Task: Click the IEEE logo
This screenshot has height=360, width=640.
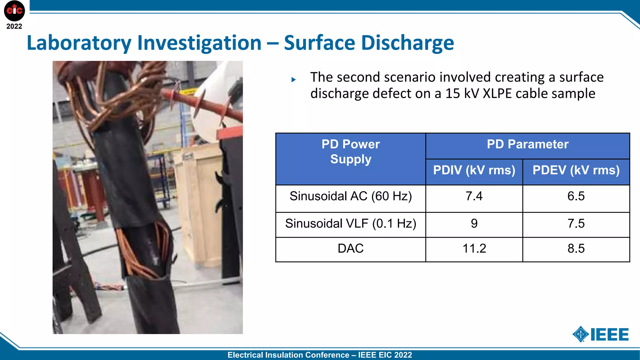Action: point(601,334)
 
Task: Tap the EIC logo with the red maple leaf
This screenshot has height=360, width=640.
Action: point(14,11)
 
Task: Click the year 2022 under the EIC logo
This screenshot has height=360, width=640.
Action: point(14,27)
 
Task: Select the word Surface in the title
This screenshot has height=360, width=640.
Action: point(319,43)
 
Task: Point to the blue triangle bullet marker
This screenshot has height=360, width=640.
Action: point(293,80)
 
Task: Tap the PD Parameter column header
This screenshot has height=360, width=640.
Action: point(527,144)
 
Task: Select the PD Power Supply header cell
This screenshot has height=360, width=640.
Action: point(351,152)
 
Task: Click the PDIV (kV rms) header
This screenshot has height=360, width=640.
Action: point(474,170)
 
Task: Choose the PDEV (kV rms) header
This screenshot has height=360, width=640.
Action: point(576,170)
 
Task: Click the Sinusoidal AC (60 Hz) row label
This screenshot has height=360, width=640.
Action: point(351,196)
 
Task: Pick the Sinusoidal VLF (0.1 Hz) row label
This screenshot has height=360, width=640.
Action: point(351,224)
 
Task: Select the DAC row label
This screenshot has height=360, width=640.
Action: point(351,249)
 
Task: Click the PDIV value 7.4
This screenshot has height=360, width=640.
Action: point(474,196)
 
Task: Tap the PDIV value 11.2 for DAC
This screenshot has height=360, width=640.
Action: point(474,249)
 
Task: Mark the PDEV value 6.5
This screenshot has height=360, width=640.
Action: point(576,196)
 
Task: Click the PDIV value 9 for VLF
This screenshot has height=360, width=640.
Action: point(474,224)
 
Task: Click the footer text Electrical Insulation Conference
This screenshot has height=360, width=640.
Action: point(288,355)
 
